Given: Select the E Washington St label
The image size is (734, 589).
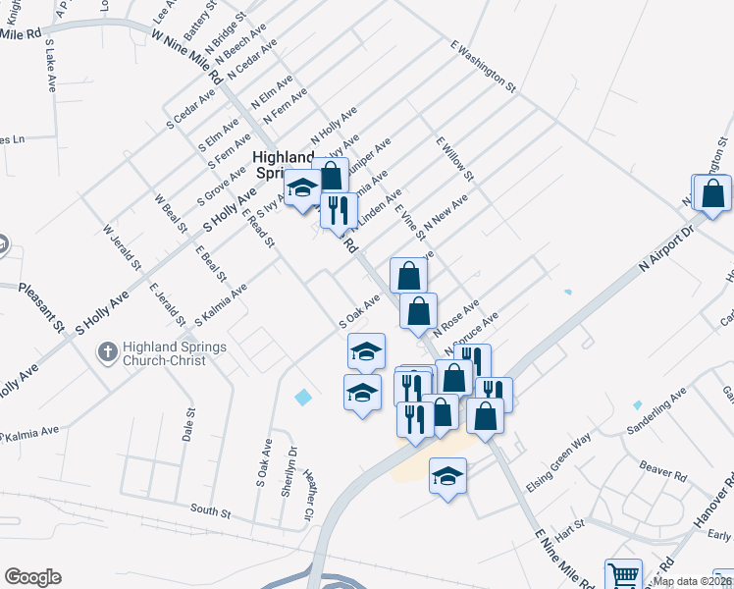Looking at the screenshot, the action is coord(483,66).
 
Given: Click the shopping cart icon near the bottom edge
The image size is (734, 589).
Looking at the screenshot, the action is coord(623,574).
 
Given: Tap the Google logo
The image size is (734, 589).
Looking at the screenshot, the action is coord(32,577).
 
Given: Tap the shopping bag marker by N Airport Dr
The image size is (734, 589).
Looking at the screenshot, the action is coord(713,194).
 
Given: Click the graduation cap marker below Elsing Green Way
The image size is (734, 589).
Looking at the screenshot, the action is coord(448,477).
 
